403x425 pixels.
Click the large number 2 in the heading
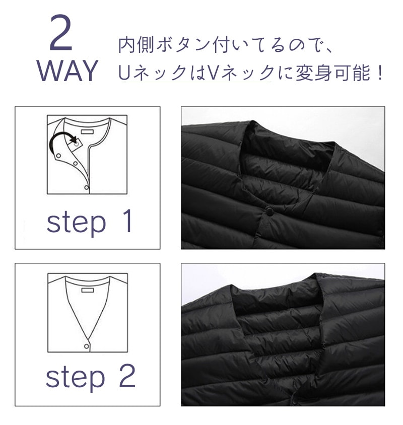[x=61, y=33]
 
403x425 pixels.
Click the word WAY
[x=67, y=70]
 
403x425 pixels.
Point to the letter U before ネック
[x=124, y=73]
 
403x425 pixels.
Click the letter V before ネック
[x=212, y=73]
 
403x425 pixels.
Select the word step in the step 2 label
[x=75, y=378]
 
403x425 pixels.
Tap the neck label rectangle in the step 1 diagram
[x=88, y=132]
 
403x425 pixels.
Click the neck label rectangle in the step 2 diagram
[x=88, y=290]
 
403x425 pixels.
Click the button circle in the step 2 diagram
[x=86, y=346]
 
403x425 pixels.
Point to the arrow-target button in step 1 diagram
[x=77, y=144]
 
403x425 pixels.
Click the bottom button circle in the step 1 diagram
[x=86, y=187]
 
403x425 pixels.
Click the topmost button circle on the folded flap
[x=58, y=156]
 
